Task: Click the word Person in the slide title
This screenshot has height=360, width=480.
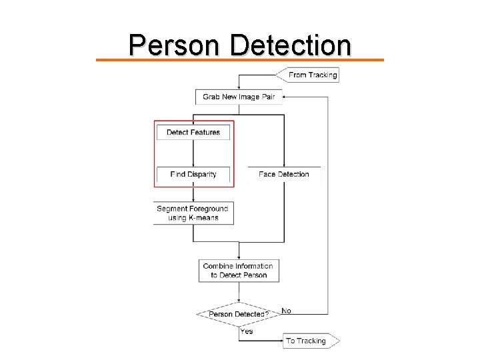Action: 177,45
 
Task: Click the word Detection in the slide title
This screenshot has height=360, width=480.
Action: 291,45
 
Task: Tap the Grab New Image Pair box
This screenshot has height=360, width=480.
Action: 239,97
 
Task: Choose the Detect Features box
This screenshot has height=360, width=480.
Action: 193,132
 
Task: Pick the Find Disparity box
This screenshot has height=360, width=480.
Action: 193,175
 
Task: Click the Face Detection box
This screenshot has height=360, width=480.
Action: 284,175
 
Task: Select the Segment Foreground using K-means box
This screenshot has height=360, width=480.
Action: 193,213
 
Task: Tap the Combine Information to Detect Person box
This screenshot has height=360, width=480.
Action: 239,271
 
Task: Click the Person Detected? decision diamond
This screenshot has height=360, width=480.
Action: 239,314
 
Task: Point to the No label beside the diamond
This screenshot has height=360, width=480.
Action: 287,311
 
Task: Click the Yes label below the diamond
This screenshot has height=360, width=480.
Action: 247,331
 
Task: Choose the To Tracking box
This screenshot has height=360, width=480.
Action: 309,341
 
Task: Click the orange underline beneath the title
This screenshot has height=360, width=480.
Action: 240,60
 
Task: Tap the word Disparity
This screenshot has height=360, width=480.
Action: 202,175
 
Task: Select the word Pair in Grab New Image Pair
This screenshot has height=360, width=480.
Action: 267,97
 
